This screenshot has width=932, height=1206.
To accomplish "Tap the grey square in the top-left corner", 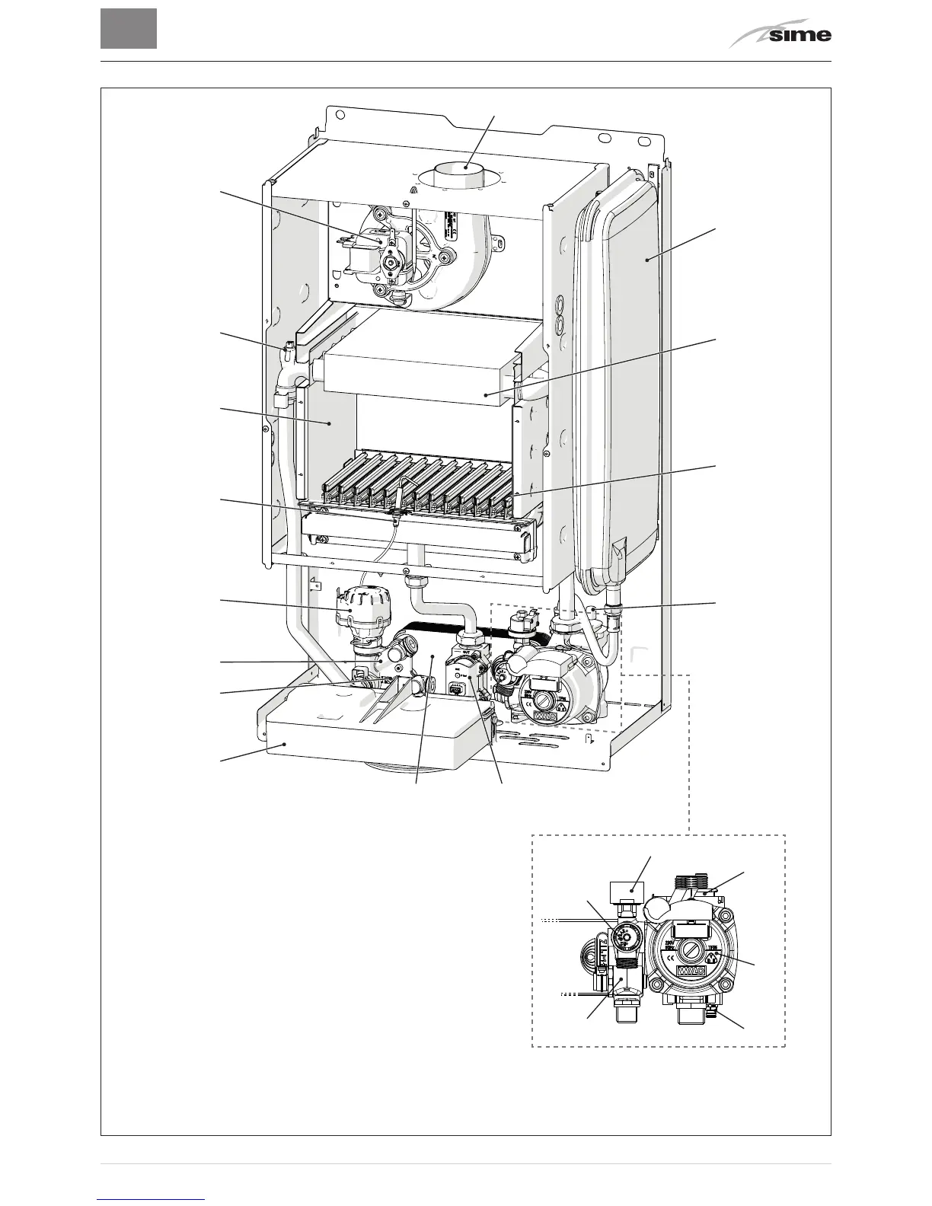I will click(129, 29).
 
